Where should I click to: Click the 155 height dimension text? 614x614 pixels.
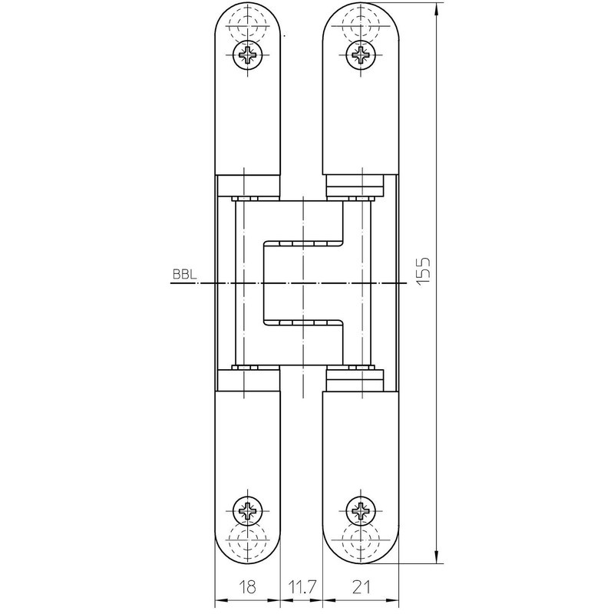(423, 270)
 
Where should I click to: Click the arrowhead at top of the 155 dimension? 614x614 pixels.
(437, 10)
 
